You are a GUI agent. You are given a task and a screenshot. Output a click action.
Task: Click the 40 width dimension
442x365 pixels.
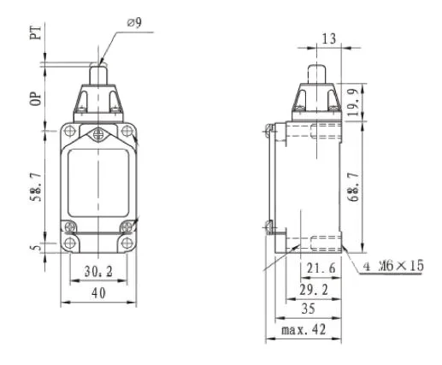[x=97, y=293]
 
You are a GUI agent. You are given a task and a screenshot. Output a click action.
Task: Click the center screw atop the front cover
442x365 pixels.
[x=99, y=134]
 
